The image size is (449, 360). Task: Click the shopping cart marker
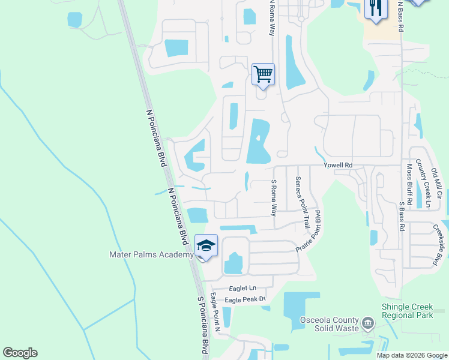pyautogui.click(x=263, y=75)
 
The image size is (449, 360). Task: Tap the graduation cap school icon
pyautogui.click(x=206, y=246)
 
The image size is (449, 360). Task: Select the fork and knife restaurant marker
pyautogui.click(x=376, y=9)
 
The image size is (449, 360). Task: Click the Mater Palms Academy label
pyautogui.click(x=151, y=254)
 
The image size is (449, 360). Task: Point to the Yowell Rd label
pyautogui.click(x=337, y=165)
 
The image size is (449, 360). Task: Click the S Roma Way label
pyautogui.click(x=274, y=198)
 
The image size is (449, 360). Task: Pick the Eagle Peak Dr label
pyautogui.click(x=244, y=299)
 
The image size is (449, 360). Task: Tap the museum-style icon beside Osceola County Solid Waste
pyautogui.click(x=367, y=325)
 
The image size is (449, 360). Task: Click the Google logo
pyautogui.click(x=20, y=353)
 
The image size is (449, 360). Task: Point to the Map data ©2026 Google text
pyautogui.click(x=411, y=355)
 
